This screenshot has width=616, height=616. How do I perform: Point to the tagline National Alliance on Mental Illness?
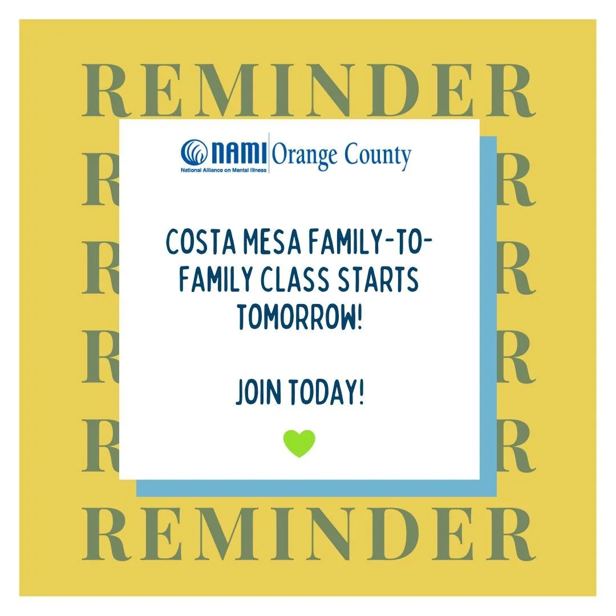tap(224, 170)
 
